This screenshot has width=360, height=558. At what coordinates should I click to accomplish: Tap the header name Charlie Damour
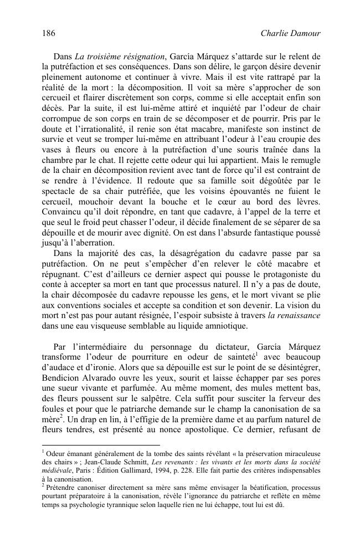pyautogui.click(x=290, y=34)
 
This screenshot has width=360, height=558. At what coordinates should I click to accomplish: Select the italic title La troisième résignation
pyautogui.click(x=119, y=56)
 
